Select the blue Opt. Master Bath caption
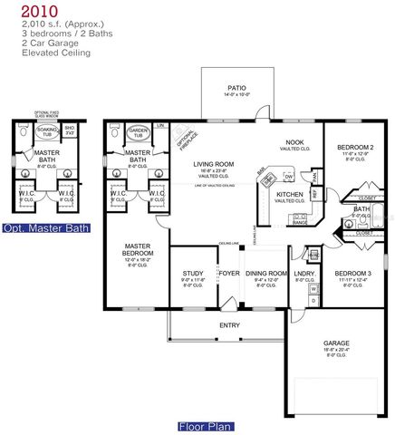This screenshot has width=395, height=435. coord(46,228)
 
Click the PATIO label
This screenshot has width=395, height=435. coord(236,88)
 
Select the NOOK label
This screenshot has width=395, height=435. coord(294,143)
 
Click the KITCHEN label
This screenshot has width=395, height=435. coord(289,195)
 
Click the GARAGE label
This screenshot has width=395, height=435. coord(336,343)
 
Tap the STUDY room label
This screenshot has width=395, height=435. coord(191,273)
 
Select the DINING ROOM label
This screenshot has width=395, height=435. coord(266,273)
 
